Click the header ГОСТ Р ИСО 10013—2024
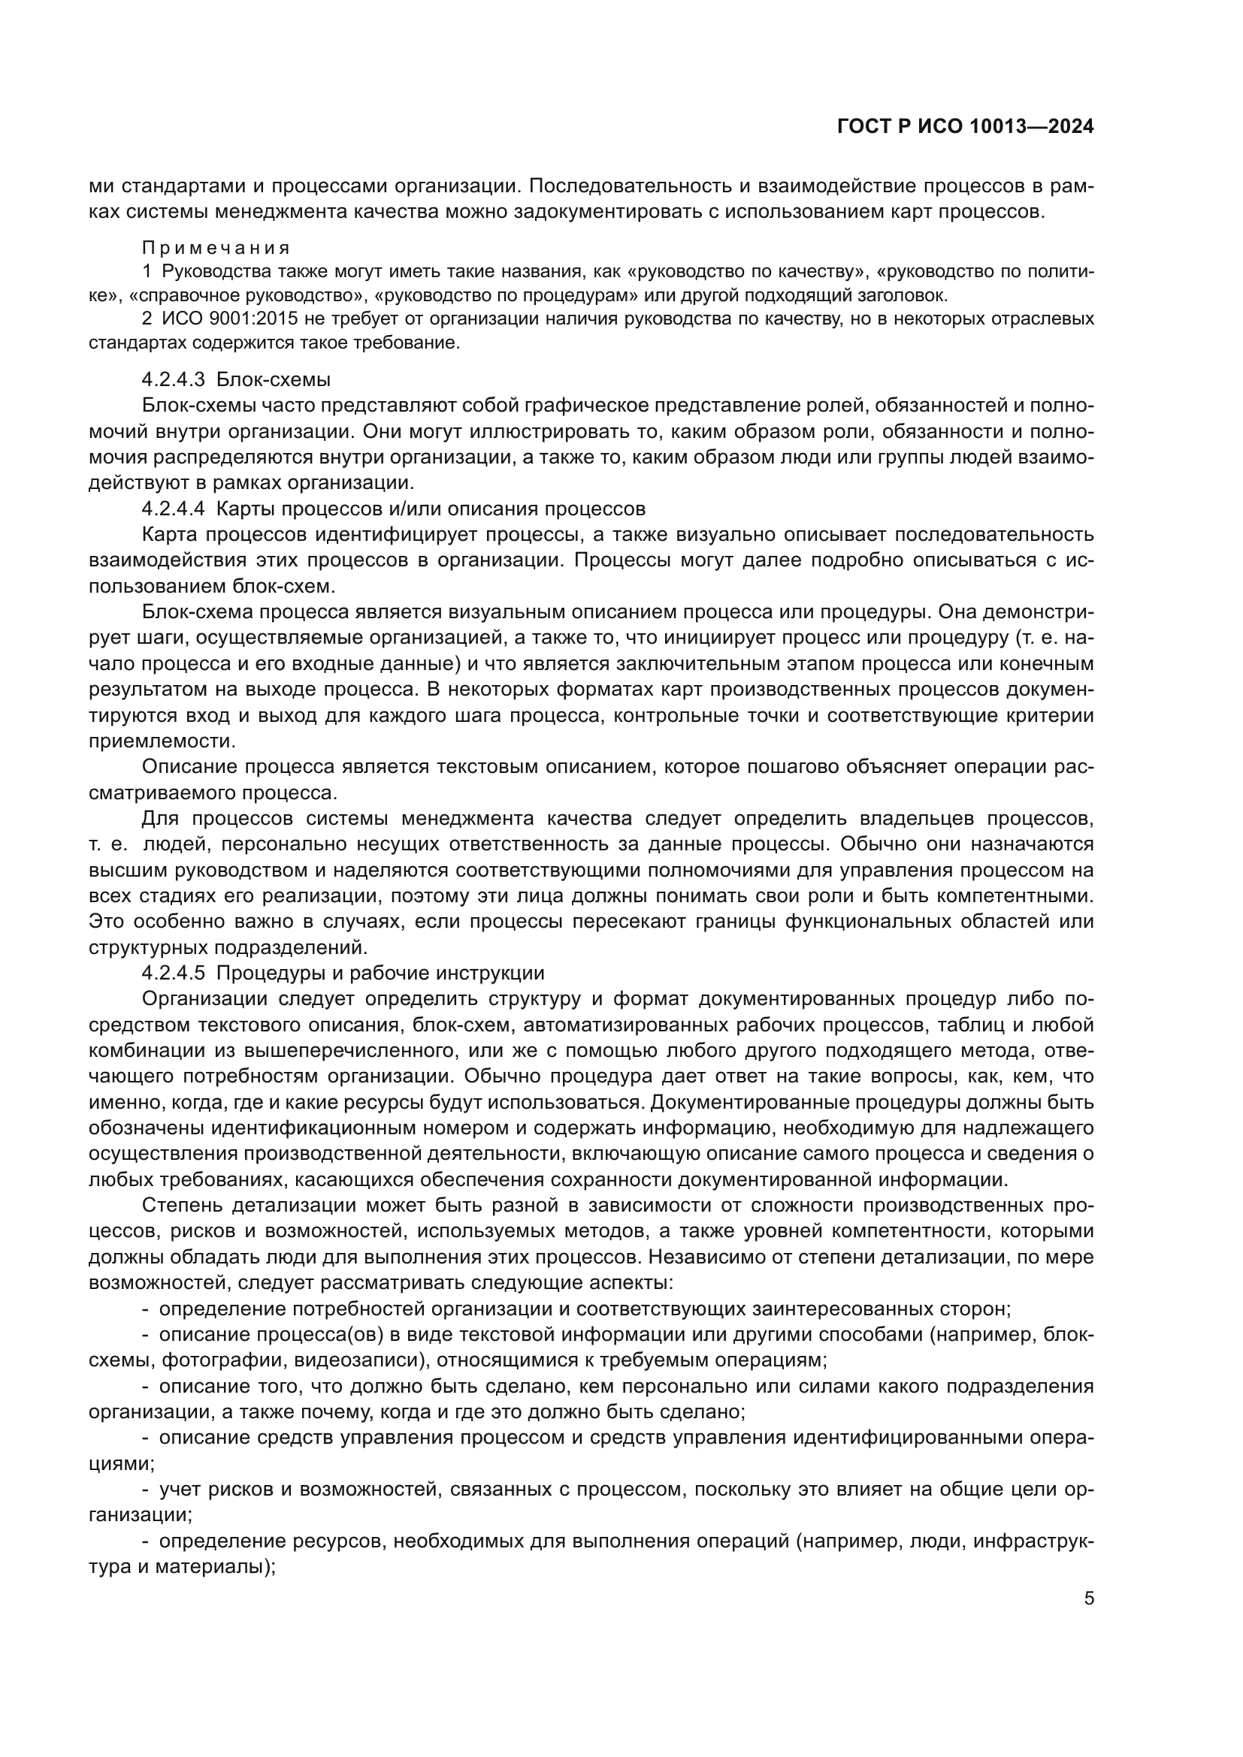click(x=965, y=127)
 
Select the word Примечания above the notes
click(x=216, y=248)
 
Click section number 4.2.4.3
click(x=173, y=379)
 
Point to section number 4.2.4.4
click(x=173, y=508)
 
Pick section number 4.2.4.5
click(x=173, y=974)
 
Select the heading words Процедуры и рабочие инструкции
click(x=380, y=974)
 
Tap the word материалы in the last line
click(x=209, y=1567)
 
